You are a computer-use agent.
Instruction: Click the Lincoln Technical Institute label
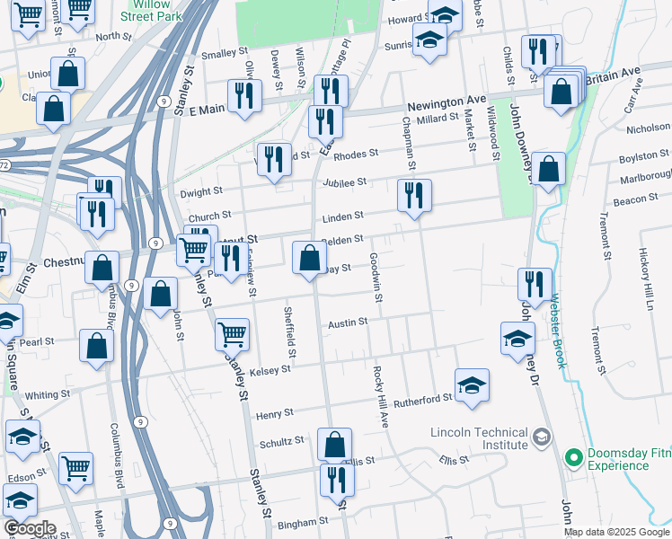[x=479, y=437]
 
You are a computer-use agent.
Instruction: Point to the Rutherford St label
[x=422, y=399]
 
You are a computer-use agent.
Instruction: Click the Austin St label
[x=348, y=322]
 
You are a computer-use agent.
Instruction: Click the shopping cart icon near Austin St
[x=233, y=334]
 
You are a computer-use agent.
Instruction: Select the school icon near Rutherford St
[x=472, y=384]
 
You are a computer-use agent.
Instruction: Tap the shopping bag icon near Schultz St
[x=334, y=444]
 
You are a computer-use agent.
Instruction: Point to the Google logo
[x=29, y=528]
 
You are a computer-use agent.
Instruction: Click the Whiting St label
[x=48, y=394]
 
